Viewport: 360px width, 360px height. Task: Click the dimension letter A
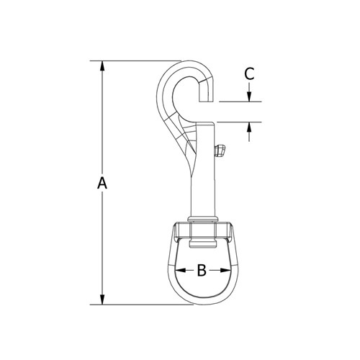coord(102,184)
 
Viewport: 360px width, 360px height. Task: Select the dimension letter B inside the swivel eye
coord(202,271)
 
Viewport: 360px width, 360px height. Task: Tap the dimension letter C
coord(249,73)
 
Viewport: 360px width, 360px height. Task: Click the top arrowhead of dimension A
coord(102,66)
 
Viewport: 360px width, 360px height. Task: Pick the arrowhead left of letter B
coord(179,271)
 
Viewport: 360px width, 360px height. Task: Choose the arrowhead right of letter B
coord(226,271)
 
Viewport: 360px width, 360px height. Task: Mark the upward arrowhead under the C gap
coord(249,127)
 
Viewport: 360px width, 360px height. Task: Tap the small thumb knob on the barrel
coord(220,150)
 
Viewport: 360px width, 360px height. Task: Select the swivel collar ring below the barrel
coord(203,220)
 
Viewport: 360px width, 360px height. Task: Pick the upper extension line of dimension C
coord(238,102)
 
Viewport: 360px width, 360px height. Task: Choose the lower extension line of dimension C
coord(238,122)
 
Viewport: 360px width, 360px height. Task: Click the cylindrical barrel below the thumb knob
coord(203,187)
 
